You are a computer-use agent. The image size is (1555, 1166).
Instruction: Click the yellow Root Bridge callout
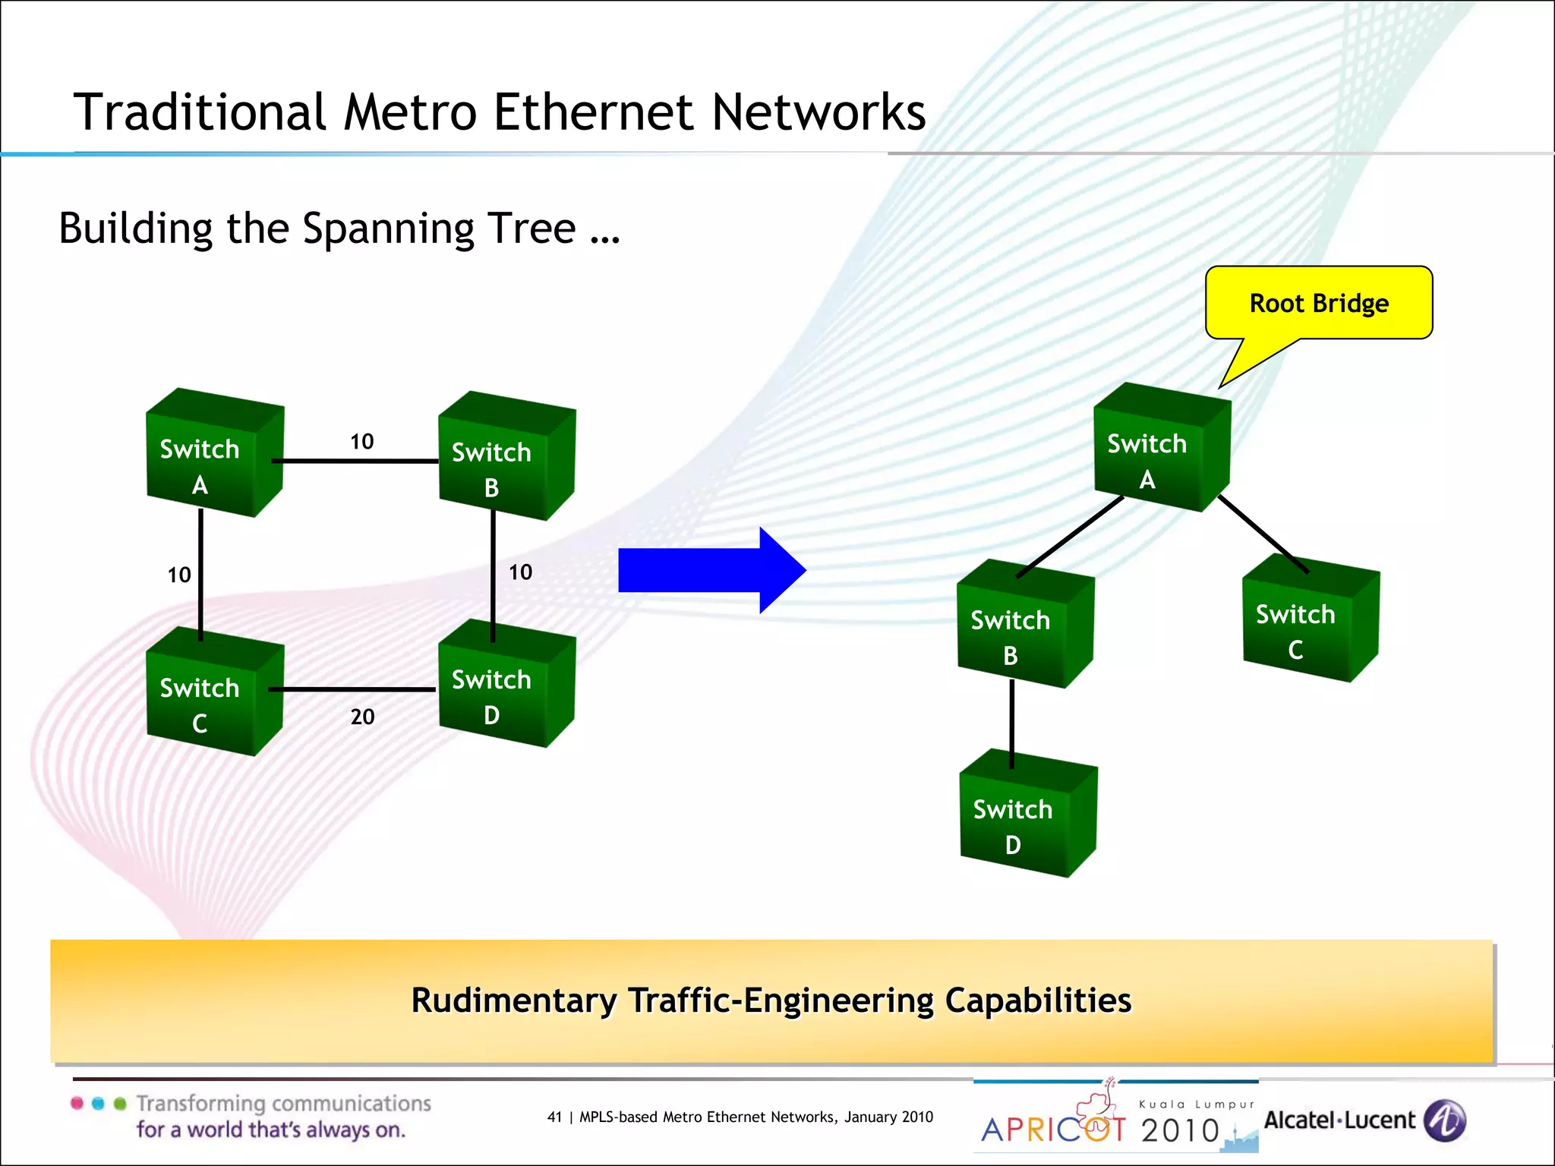1319,304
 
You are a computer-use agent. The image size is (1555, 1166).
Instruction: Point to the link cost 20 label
362,717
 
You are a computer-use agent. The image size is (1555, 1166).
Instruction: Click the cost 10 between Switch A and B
361,442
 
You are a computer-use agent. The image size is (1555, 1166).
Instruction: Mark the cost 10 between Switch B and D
520,572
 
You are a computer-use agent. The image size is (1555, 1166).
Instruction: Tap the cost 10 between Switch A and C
179,575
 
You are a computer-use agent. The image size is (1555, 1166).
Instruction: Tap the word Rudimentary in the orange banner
513,1001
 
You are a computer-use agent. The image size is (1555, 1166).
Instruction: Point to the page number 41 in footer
554,1117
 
